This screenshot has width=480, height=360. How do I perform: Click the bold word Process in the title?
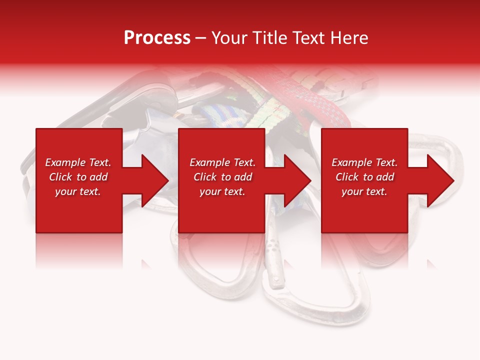pyautogui.click(x=157, y=38)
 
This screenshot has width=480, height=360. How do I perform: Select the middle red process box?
pyautogui.click(x=221, y=210)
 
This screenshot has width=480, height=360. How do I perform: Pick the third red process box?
pyautogui.click(x=364, y=210)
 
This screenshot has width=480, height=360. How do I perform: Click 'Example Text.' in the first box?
pyautogui.click(x=78, y=162)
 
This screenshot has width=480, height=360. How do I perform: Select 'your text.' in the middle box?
pyautogui.click(x=222, y=191)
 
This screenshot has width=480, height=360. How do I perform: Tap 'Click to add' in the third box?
pyautogui.click(x=364, y=177)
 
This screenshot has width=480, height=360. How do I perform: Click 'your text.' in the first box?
pyautogui.click(x=78, y=191)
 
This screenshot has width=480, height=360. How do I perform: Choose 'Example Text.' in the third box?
pyautogui.click(x=364, y=162)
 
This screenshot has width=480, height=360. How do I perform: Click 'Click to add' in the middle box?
pyautogui.click(x=222, y=177)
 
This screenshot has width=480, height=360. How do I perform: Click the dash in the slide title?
pyautogui.click(x=200, y=38)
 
